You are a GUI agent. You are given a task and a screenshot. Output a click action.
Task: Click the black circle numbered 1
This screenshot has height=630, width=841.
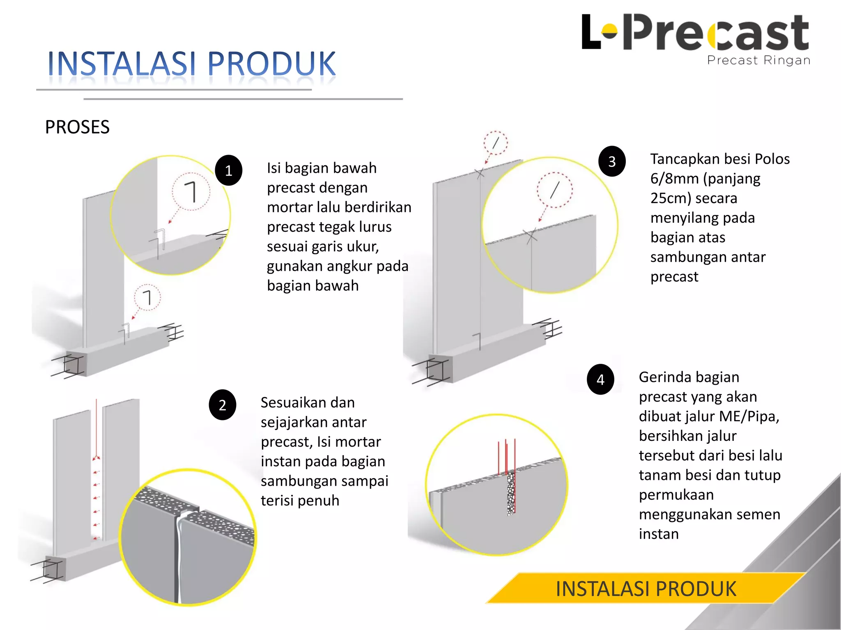pyautogui.click(x=228, y=170)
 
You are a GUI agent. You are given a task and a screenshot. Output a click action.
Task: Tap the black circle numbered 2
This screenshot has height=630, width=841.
pyautogui.click(x=222, y=405)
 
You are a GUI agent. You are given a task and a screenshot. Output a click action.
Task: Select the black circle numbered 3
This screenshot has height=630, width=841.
pyautogui.click(x=612, y=161)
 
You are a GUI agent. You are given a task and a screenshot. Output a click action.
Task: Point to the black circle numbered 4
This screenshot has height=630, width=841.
pyautogui.click(x=600, y=379)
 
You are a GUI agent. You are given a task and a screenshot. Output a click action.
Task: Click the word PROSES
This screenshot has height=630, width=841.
pyautogui.click(x=77, y=127)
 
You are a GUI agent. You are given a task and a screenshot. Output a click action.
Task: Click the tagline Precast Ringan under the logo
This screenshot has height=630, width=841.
pyautogui.click(x=758, y=60)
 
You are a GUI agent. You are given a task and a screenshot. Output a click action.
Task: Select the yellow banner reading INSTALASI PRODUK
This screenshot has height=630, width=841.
pyautogui.click(x=646, y=589)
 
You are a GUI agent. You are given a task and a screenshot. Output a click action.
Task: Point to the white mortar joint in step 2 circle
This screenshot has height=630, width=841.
pyautogui.click(x=179, y=546)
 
